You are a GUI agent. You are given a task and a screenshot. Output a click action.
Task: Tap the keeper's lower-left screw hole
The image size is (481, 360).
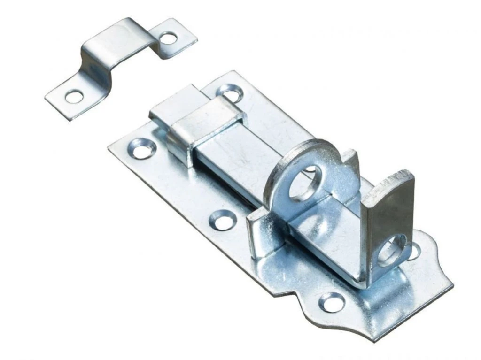[x=74, y=97]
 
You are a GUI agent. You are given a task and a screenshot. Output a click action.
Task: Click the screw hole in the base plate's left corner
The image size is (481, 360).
[x=141, y=148]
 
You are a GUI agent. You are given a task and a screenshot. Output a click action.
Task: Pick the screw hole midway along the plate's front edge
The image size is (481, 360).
[x=222, y=219]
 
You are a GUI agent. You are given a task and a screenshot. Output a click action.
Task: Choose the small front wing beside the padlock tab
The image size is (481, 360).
[x=257, y=235]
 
